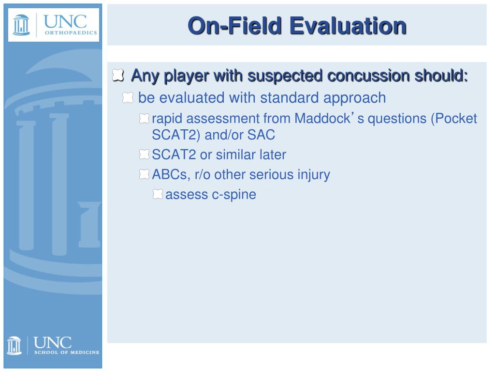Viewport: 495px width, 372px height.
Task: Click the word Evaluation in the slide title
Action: (x=348, y=26)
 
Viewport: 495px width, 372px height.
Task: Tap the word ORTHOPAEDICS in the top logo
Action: (x=71, y=32)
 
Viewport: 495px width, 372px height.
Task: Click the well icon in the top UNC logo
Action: (x=21, y=25)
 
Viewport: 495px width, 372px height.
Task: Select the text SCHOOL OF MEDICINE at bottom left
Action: (x=67, y=353)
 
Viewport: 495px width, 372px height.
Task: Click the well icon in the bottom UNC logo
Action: (x=14, y=345)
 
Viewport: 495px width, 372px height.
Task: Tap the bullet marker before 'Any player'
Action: (x=118, y=75)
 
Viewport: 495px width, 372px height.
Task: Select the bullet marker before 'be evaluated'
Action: (x=128, y=97)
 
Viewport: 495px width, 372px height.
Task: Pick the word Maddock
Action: (x=322, y=119)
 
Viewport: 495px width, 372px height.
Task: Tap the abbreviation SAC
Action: (x=261, y=135)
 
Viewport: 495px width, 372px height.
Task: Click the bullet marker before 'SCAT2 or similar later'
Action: (x=144, y=155)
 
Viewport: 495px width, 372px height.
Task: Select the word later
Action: (x=273, y=155)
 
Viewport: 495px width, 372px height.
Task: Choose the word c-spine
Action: (x=233, y=195)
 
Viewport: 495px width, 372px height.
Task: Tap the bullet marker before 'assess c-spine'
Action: (x=158, y=194)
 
